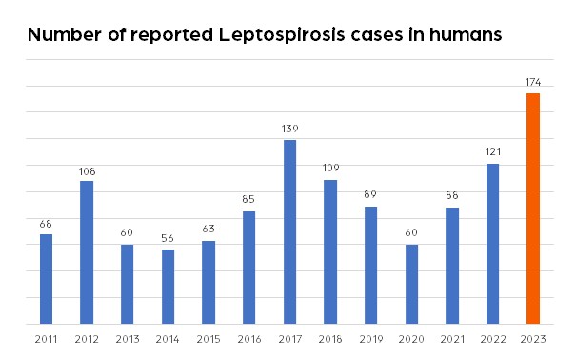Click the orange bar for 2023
coord(533,209)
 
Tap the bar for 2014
coord(168,287)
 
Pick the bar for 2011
coord(46,279)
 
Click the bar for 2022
coord(492,244)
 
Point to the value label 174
coord(533,83)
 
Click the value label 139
coord(289,129)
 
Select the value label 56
coord(168,239)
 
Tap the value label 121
coord(492,152)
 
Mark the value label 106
coord(87,170)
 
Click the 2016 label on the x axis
coord(248,338)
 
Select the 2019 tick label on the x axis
coord(370,338)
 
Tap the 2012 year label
coord(87,338)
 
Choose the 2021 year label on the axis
coord(451,338)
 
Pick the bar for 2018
coord(330,251)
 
